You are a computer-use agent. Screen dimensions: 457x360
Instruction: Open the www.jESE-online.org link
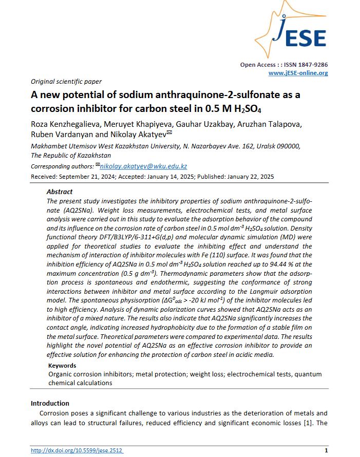click(x=298, y=73)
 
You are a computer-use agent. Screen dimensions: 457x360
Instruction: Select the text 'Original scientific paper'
click(x=66, y=81)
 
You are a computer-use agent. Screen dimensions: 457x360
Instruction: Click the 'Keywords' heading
click(x=62, y=366)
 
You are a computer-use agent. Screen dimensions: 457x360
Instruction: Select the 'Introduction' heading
click(x=50, y=403)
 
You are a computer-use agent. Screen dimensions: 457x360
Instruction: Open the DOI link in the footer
click(x=77, y=450)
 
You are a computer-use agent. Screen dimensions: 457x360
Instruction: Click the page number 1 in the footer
click(x=326, y=450)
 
